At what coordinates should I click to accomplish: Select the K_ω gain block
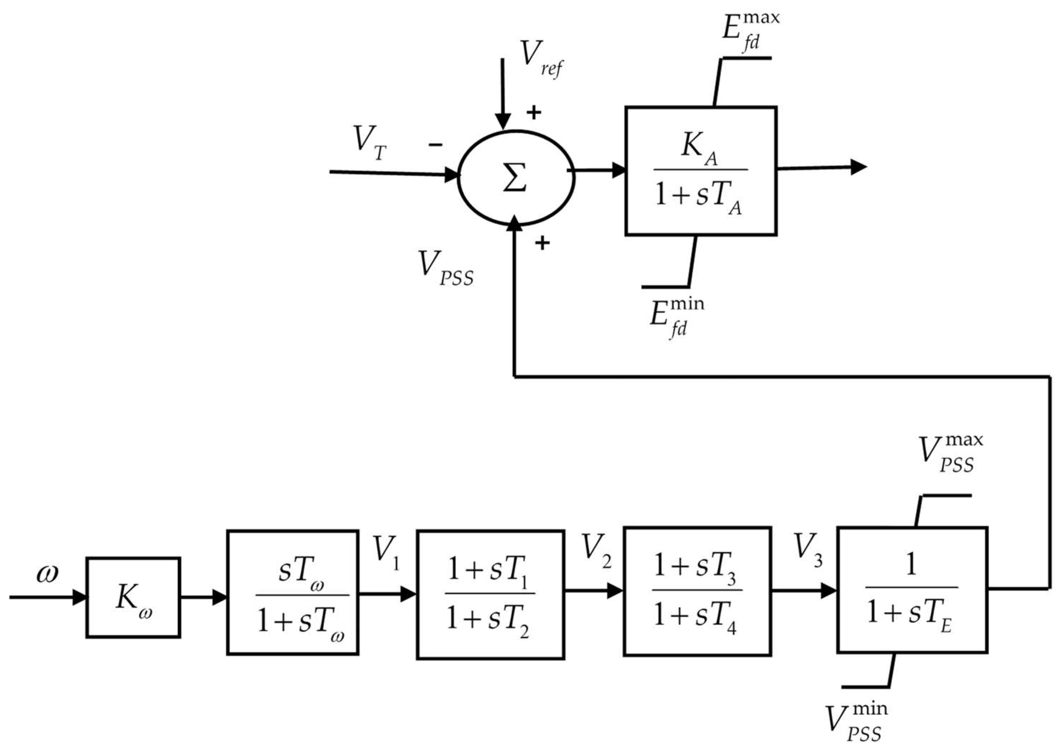[x=133, y=598]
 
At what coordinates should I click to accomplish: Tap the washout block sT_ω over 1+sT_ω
[x=293, y=593]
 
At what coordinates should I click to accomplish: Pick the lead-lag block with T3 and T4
[x=697, y=592]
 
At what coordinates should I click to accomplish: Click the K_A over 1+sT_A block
[x=700, y=171]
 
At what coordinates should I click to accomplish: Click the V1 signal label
[x=386, y=551]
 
